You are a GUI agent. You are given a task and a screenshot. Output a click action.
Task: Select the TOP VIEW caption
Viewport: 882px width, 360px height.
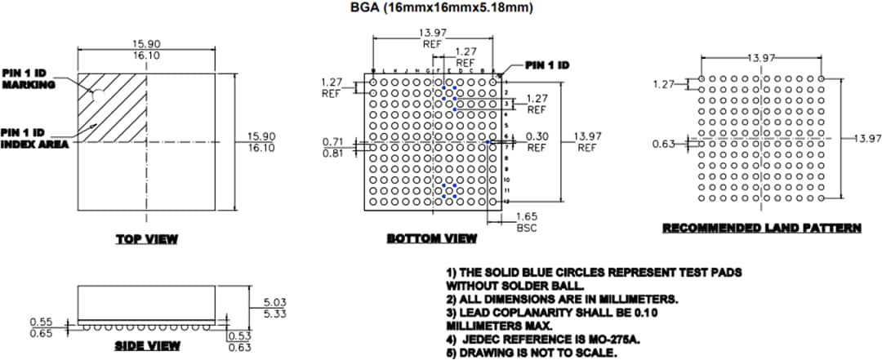(147, 238)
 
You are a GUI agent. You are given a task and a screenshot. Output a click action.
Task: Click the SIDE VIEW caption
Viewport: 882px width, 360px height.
(147, 345)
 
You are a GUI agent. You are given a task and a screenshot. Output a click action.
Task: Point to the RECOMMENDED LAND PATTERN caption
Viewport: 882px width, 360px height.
(761, 228)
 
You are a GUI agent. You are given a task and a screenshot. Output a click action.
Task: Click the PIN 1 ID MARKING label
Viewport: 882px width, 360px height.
(29, 78)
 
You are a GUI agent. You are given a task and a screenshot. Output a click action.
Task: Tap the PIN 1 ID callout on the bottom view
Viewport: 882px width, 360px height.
(546, 64)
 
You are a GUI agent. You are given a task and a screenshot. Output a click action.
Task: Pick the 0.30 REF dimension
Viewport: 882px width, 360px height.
(537, 142)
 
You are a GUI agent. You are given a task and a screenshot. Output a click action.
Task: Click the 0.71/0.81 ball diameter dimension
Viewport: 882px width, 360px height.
(333, 146)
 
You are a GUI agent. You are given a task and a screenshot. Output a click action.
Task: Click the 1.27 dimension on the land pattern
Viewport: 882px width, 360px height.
(665, 84)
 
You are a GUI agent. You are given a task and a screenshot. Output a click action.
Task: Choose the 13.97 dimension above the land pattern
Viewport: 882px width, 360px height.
(762, 58)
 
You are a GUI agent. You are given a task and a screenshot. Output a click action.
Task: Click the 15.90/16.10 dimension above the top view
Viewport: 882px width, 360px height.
(146, 49)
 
